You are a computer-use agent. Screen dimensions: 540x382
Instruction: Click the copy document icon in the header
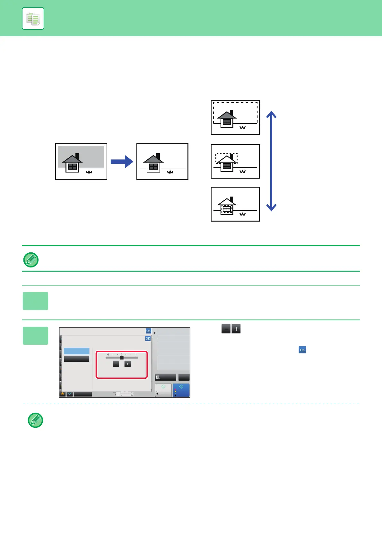33,19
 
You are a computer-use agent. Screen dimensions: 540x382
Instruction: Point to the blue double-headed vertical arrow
272,161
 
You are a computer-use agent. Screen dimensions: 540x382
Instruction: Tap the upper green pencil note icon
31,260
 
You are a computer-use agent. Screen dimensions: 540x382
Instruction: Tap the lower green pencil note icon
36,420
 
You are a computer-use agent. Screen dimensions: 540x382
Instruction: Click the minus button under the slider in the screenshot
116,364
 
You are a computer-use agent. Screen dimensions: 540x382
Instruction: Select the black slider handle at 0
122,358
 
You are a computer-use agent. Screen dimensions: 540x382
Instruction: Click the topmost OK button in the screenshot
148,331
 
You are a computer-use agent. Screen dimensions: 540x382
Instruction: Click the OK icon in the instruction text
302,350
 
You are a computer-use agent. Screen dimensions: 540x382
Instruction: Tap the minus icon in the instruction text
226,329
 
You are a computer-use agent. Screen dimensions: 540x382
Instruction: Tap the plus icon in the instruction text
236,329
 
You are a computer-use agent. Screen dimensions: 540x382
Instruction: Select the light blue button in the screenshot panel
76,351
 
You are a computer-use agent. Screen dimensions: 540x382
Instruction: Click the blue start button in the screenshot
181,390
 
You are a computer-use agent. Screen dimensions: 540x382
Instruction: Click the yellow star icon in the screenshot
63,394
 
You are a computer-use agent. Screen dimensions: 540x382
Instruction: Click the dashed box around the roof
226,158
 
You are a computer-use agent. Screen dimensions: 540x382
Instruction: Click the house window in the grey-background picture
72,166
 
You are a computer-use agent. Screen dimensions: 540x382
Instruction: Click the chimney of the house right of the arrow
158,156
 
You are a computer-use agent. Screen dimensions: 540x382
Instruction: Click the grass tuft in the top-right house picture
243,127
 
